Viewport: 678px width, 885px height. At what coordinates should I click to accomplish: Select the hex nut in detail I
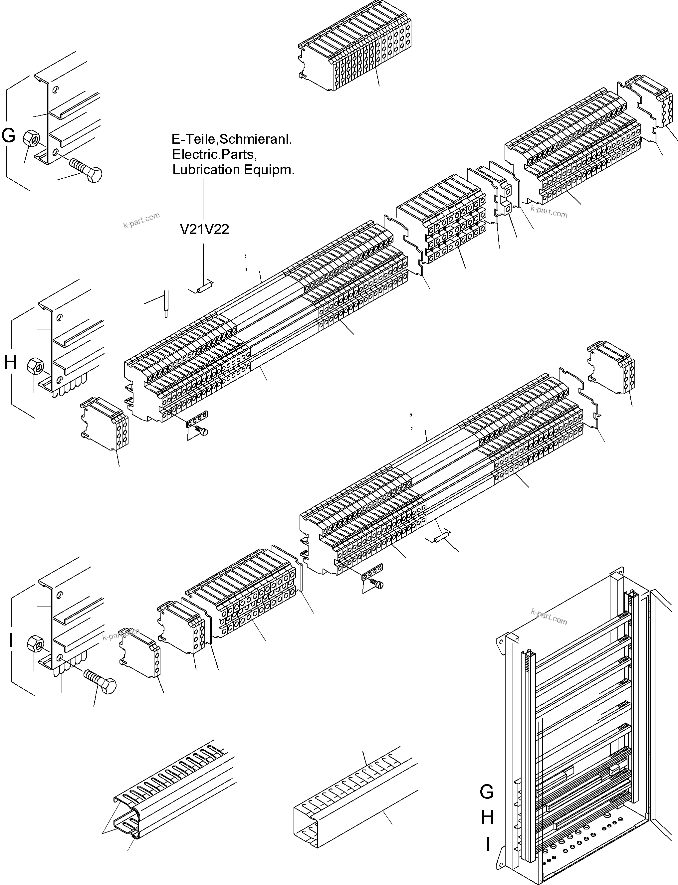[x=36, y=644]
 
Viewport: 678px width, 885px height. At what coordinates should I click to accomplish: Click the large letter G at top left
[x=9, y=135]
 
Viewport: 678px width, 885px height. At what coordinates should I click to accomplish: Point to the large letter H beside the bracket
[x=11, y=363]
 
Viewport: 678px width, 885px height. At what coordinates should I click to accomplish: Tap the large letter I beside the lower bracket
[x=11, y=640]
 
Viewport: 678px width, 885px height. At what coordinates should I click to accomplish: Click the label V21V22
[x=204, y=229]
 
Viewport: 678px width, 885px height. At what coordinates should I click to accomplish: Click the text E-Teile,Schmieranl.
[x=231, y=139]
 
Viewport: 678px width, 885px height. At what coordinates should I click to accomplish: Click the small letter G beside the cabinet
[x=487, y=792]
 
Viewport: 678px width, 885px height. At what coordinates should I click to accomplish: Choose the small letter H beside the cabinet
[x=488, y=817]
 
